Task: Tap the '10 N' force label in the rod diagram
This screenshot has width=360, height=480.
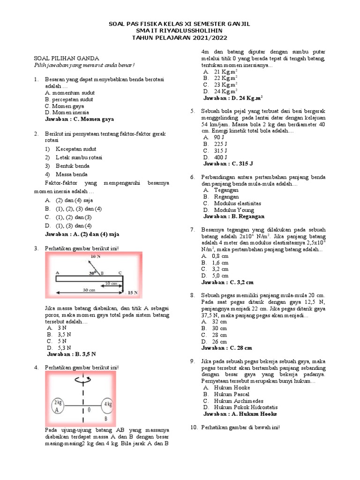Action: [x=95, y=256]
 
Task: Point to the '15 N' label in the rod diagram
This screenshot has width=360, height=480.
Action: [x=133, y=292]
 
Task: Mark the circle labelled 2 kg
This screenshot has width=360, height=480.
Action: [x=59, y=406]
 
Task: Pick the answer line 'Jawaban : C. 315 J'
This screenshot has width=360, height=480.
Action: [x=228, y=164]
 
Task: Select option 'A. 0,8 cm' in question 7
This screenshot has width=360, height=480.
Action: [x=216, y=256]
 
